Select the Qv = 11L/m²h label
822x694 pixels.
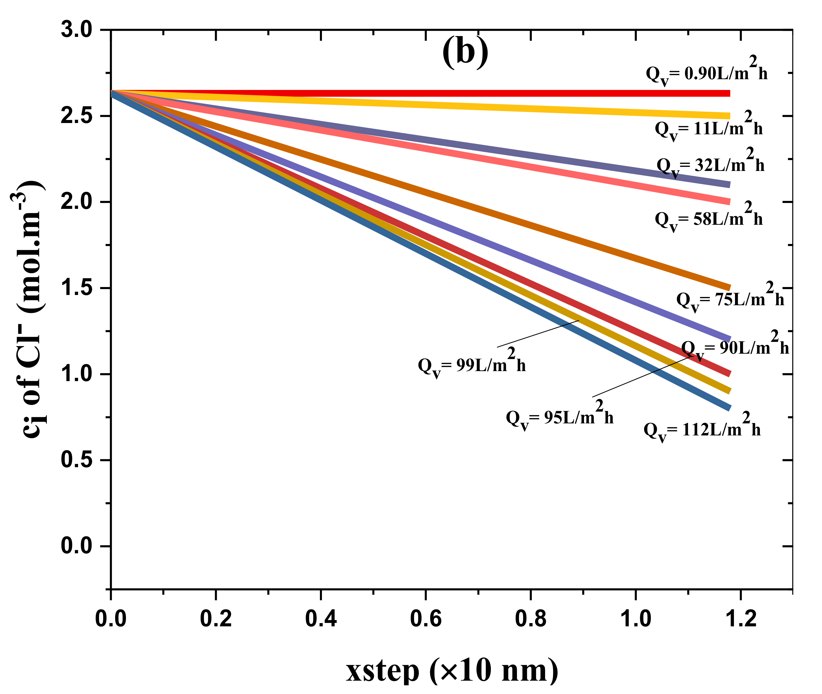[708, 127]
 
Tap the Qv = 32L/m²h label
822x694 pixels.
[710, 164]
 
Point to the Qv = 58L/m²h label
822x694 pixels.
[708, 218]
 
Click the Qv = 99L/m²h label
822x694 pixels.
[471, 364]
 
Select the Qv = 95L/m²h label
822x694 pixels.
[559, 417]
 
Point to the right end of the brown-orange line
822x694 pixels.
[729, 287]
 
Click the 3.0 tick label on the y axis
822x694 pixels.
[76, 30]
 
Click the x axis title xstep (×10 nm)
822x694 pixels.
[452, 670]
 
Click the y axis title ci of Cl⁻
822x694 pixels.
[31, 311]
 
